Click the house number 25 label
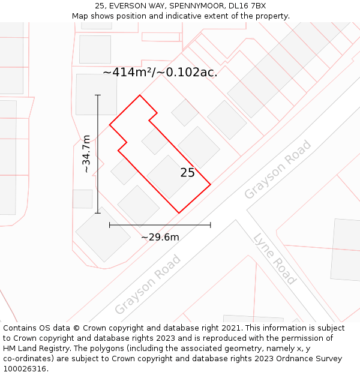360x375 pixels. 187,173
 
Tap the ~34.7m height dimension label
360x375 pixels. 86,154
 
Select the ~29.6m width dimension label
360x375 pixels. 160,237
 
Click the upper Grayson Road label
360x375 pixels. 278,169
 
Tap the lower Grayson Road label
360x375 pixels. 148,284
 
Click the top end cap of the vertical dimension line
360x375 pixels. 98,95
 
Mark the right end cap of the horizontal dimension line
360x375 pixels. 211,225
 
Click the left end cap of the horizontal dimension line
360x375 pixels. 110,225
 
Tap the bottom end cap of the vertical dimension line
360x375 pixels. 98,212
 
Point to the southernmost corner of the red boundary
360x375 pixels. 179,212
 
